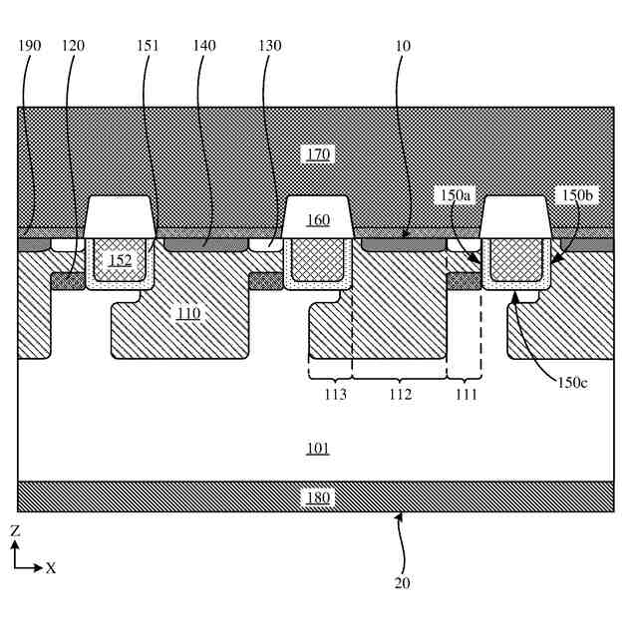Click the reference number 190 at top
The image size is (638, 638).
(x=31, y=46)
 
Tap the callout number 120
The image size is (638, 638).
(x=73, y=46)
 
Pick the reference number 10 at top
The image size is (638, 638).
(x=403, y=46)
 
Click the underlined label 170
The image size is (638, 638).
(x=318, y=154)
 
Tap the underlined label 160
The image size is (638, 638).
(x=318, y=219)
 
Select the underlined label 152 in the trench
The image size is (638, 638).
(x=120, y=260)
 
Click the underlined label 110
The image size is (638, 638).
(x=187, y=313)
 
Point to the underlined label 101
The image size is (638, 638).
(x=318, y=449)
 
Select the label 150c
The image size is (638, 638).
(x=572, y=383)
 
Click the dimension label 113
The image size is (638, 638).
(x=335, y=395)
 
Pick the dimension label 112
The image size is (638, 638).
(x=399, y=395)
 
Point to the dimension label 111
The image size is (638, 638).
(x=466, y=395)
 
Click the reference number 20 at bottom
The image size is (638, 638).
(x=402, y=583)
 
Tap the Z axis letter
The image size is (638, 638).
(x=15, y=531)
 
